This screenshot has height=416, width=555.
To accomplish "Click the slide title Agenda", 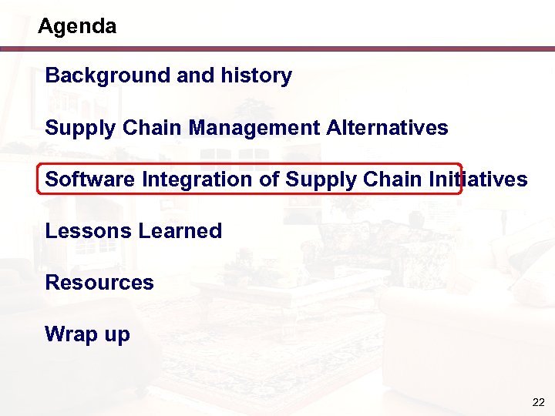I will (x=77, y=27).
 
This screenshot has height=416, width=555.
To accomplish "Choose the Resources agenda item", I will (x=99, y=283).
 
